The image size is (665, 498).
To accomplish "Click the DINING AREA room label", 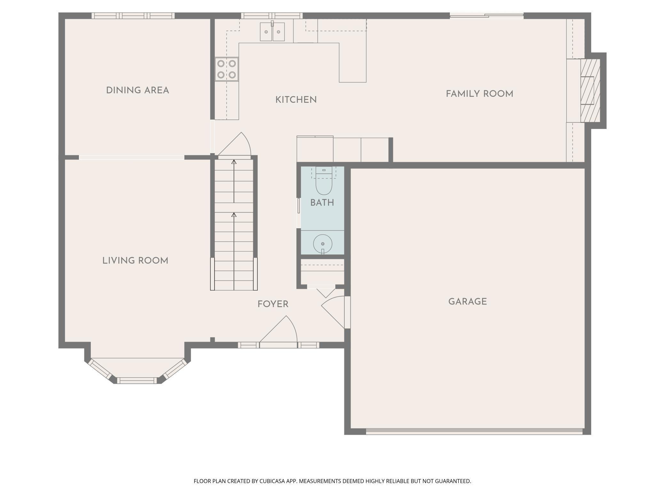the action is click(137, 90).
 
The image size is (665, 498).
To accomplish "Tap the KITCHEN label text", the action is click(296, 100).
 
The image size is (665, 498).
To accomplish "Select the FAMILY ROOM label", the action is click(480, 94).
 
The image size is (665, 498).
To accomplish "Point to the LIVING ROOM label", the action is click(135, 261).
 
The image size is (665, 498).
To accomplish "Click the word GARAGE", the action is click(467, 302).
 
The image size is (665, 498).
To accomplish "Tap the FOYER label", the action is click(273, 304).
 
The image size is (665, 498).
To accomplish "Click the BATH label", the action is click(322, 203).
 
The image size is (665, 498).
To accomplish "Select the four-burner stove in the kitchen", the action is click(227, 69).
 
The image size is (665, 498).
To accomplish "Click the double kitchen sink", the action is click(272, 32).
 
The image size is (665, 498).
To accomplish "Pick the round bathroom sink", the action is click(323, 244).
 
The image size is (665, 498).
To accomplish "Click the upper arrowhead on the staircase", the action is click(234, 162).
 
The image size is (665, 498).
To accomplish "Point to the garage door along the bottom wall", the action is click(474, 431).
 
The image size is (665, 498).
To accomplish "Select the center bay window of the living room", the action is click(137, 381).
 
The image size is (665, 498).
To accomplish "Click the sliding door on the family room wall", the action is click(487, 15).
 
